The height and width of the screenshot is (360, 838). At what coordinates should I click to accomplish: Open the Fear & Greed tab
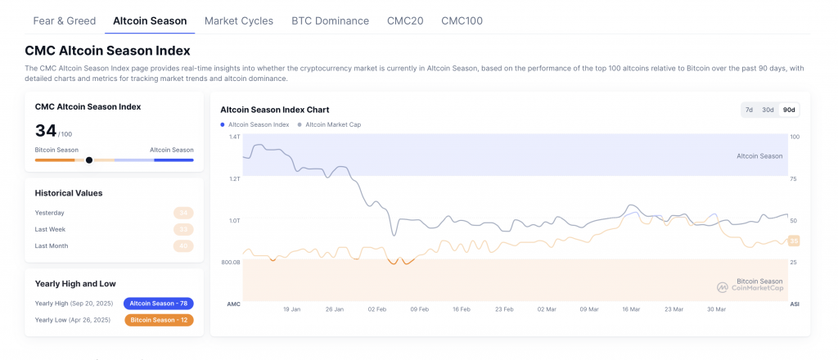click(64, 20)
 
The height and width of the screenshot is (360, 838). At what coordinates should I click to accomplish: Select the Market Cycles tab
click(239, 20)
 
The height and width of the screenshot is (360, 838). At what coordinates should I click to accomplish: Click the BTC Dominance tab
click(330, 20)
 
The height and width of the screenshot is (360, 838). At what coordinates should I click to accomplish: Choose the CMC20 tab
click(405, 20)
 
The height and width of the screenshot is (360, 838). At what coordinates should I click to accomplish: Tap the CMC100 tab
click(462, 20)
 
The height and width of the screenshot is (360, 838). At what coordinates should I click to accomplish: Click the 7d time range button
click(749, 110)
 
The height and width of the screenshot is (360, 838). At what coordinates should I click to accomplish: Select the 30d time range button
click(768, 110)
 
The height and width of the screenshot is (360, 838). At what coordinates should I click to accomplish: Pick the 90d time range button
click(789, 110)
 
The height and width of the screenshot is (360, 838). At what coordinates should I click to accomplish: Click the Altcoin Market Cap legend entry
click(332, 124)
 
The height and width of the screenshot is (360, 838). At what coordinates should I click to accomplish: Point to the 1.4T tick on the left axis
click(233, 137)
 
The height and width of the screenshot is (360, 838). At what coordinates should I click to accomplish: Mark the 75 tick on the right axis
click(794, 178)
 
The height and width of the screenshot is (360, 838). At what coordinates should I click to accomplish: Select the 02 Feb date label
click(377, 310)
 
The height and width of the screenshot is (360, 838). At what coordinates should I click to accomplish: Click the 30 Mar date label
click(716, 310)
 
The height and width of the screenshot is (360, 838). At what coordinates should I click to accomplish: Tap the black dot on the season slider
click(89, 160)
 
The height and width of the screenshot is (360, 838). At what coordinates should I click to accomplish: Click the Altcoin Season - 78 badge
click(158, 304)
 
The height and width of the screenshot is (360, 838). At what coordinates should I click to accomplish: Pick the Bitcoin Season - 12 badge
click(159, 320)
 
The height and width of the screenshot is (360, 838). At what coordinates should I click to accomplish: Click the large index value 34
click(46, 130)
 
